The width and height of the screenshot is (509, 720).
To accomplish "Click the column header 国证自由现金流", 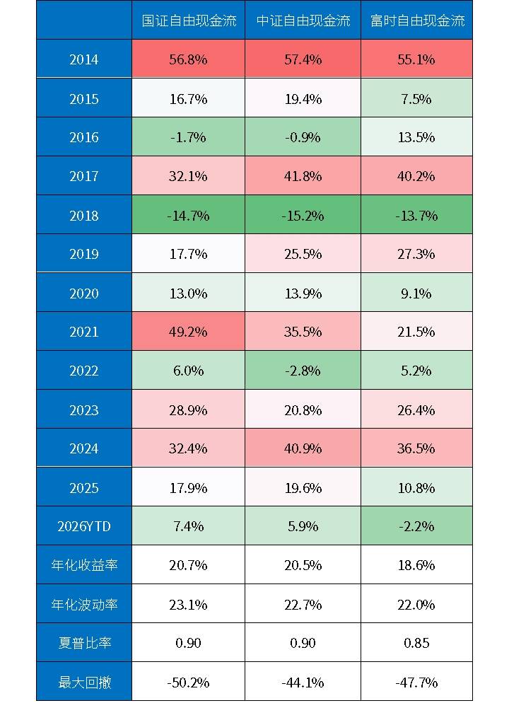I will pos(188,21).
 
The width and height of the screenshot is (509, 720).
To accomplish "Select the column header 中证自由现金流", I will pos(303,21).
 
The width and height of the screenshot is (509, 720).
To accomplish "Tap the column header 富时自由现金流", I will pos(416,21).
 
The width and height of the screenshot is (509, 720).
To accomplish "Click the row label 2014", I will pos(83,59).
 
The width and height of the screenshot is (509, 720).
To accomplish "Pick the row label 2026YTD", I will pos(83,526).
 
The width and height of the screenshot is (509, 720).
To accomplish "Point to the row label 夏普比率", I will pos(83,643).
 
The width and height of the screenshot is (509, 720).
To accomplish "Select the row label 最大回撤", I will pos(83,682).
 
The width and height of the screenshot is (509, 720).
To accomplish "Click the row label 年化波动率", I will pos(83,604).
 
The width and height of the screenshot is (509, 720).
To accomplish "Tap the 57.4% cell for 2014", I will pos(303,59).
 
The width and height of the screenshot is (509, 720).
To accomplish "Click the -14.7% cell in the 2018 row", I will pos(188,215).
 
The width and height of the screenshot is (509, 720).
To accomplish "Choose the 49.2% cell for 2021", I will pos(188,332).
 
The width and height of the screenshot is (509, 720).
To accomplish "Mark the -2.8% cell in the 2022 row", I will pos(303,371).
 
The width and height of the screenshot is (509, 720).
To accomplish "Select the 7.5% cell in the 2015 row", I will pos(416,98).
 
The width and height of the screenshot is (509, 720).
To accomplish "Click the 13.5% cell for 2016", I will pos(416,137).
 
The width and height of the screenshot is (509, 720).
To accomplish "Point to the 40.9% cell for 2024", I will pos(303,448).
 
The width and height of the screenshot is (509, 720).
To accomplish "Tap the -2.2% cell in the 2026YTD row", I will pos(416,526).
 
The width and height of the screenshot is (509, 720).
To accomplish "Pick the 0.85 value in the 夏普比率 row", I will pos(416,643).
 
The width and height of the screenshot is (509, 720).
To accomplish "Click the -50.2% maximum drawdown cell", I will pos(188,682).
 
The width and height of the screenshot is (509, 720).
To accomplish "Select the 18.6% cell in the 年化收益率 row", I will pos(416,565).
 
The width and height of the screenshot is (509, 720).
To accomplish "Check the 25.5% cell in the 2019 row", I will pos(303,254).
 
